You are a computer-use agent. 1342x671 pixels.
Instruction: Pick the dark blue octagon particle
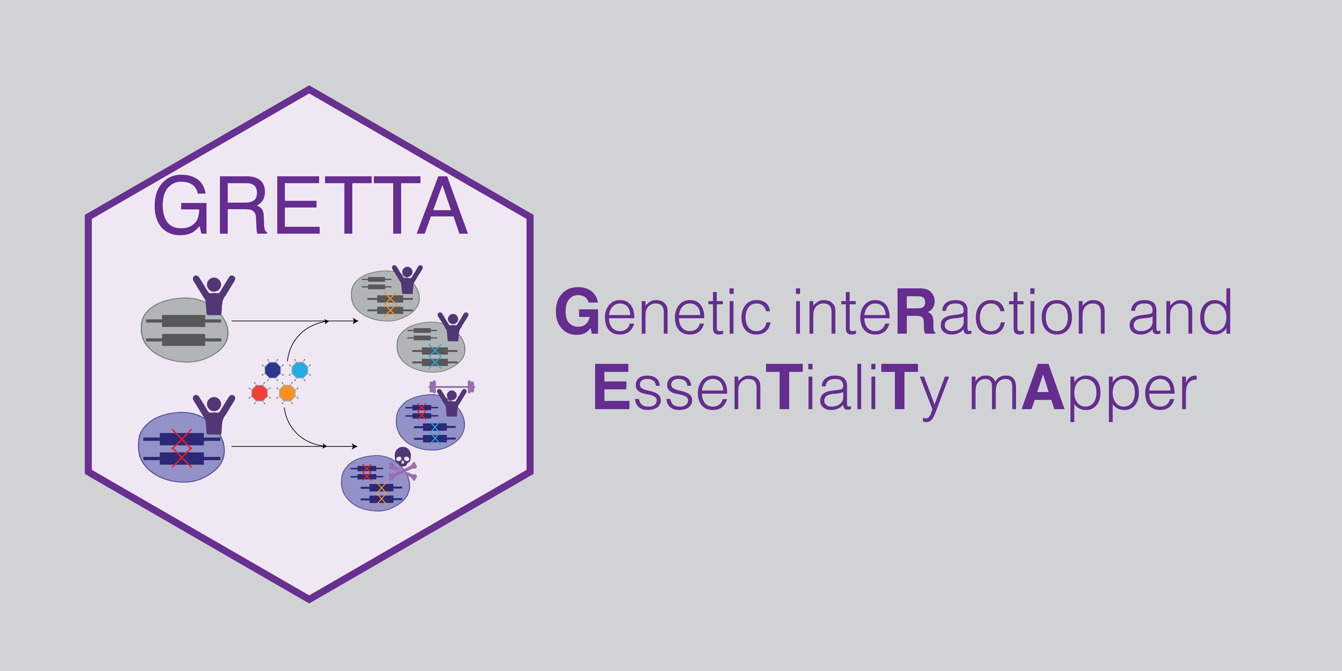pyautogui.click(x=272, y=370)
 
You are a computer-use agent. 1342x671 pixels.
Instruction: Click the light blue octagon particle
pyautogui.click(x=299, y=370)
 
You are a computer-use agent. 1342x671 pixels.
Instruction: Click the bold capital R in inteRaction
pyautogui.click(x=917, y=313)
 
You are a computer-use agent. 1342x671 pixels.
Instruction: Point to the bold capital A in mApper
pyautogui.click(x=1042, y=388)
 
